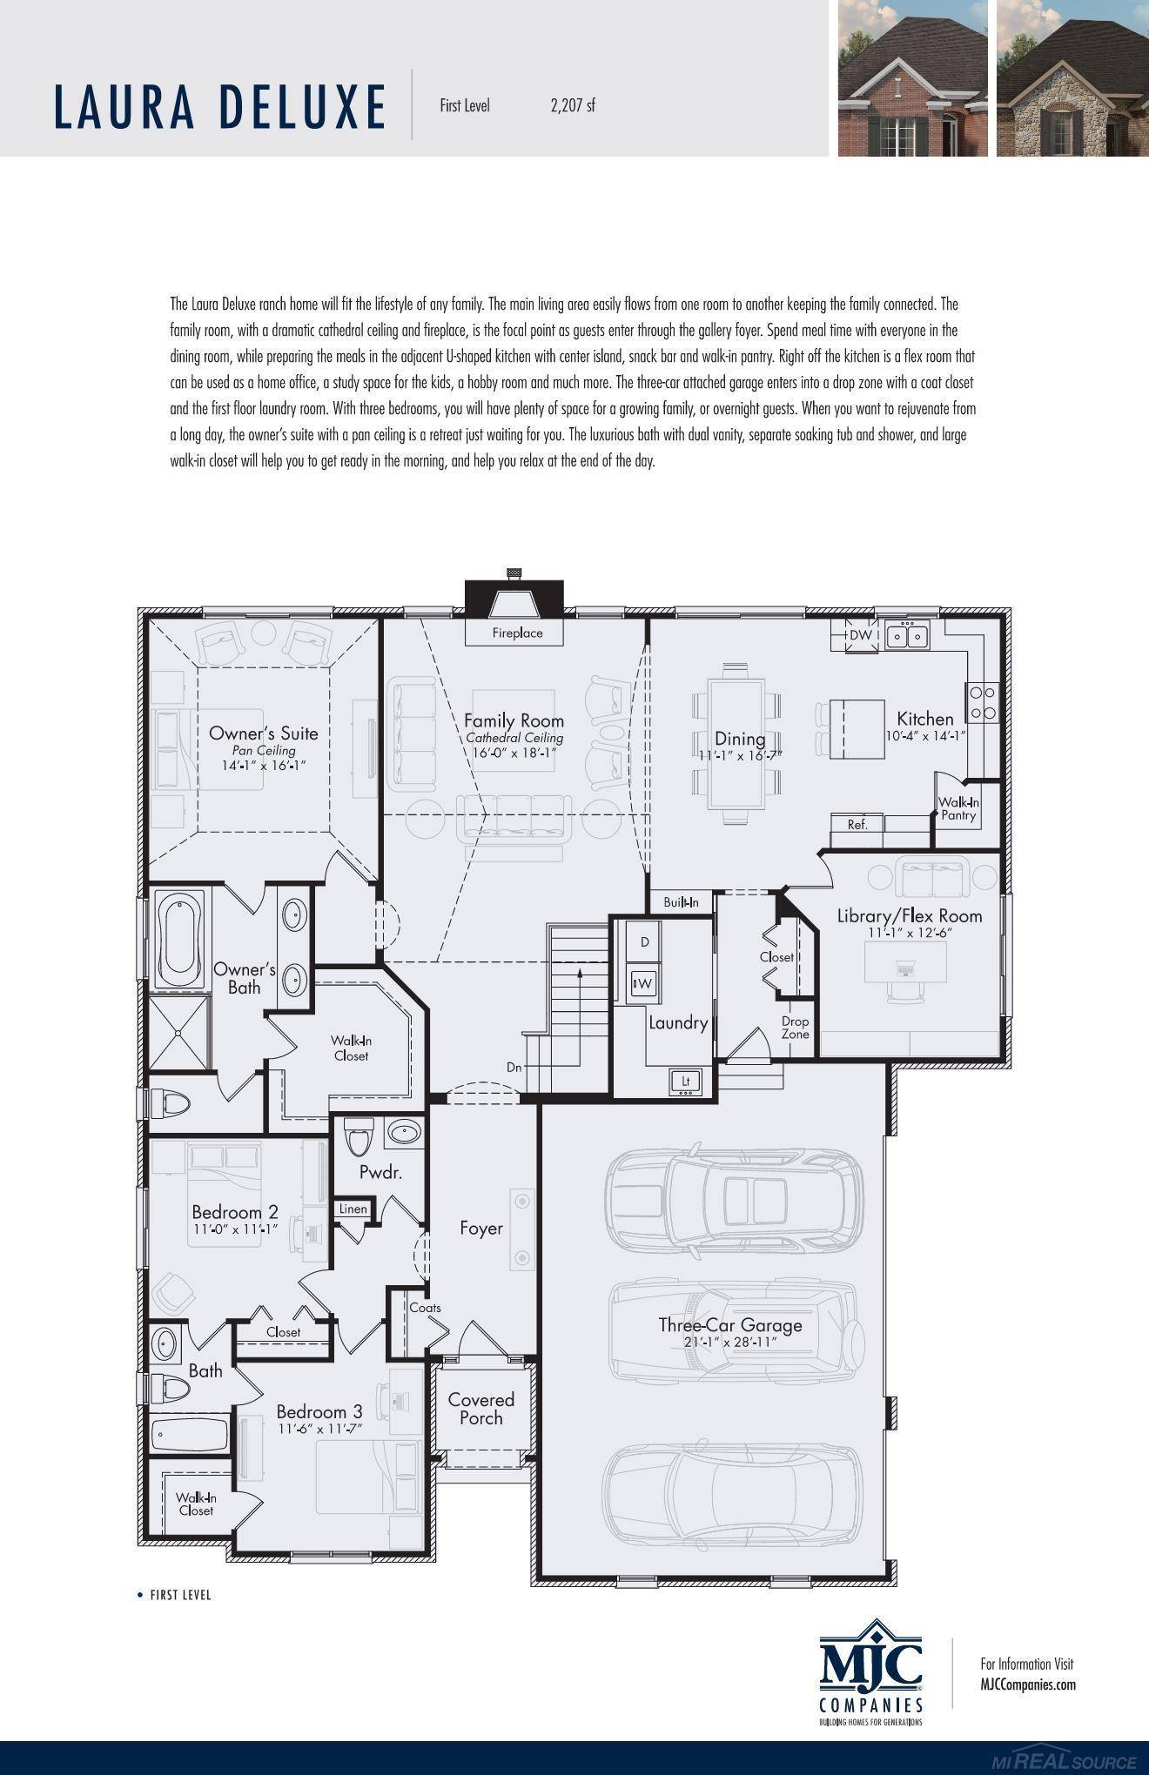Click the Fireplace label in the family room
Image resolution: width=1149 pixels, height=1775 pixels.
coord(517,633)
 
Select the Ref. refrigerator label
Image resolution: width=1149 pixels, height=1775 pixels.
coord(857,824)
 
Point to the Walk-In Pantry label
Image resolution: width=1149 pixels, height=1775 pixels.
coord(958,808)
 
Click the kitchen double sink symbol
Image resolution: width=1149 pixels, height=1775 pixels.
coord(907,636)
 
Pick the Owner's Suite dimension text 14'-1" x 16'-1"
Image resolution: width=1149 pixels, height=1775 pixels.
coord(263,765)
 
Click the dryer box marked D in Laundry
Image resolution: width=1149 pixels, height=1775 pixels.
coord(644,941)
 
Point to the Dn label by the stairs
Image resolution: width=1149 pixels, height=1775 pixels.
coord(514,1067)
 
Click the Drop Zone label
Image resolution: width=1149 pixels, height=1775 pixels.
coord(795,1028)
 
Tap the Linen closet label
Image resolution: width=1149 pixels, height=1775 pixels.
coord(353,1209)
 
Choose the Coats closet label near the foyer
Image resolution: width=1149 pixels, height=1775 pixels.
coord(425,1307)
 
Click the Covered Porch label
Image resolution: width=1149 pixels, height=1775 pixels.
coord(480,1409)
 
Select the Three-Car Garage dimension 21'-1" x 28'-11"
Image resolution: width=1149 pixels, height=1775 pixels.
coord(729,1343)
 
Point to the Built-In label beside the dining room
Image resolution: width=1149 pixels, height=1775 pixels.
coord(681,902)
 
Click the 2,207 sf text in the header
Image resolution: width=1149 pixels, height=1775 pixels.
coord(573,106)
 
